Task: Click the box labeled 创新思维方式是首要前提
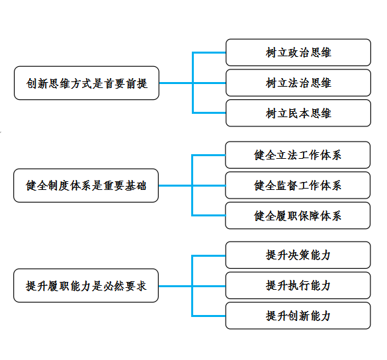[x=87, y=83]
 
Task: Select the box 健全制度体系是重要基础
[x=86, y=185]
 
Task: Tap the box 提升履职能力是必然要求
[x=86, y=285]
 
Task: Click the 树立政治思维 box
[x=298, y=52]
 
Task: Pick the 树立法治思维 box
[x=298, y=83]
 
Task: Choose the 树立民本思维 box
[x=298, y=113]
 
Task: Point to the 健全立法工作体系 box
[x=298, y=155]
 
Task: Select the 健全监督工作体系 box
[x=298, y=185]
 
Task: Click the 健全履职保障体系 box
[x=298, y=216]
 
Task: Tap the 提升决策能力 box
[x=298, y=255]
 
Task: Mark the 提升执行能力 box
[x=298, y=285]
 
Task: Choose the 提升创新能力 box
[x=298, y=316]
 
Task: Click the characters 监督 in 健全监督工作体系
[x=281, y=185]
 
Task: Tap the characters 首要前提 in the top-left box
[x=126, y=83]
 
